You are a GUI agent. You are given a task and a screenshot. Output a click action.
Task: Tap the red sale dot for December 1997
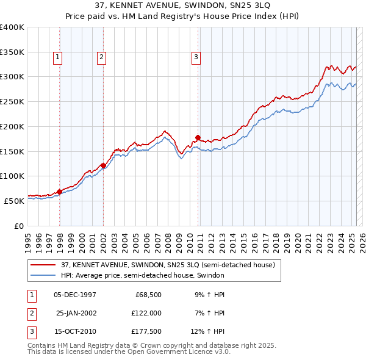click(x=59, y=192)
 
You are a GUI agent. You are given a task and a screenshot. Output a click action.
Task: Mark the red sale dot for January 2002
click(x=103, y=165)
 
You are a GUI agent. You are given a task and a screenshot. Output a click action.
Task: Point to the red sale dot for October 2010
click(x=198, y=137)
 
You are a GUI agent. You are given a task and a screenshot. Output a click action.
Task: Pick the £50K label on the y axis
click(x=14, y=200)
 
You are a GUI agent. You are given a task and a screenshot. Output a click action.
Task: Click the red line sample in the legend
click(x=43, y=265)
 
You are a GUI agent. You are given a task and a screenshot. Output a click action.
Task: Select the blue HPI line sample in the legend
click(x=43, y=275)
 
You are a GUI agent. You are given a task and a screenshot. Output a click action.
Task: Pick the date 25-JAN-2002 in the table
click(x=76, y=313)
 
